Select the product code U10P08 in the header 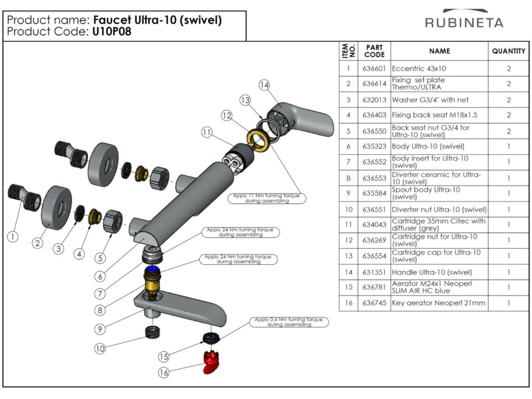click(x=112, y=32)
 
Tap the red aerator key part click(x=211, y=362)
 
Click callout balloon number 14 click(x=264, y=85)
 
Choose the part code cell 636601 click(x=374, y=68)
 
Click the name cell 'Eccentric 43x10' click(x=419, y=68)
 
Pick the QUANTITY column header click(x=509, y=51)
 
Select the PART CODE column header click(x=374, y=51)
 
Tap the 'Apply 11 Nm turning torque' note click(x=267, y=198)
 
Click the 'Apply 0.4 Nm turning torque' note click(x=289, y=322)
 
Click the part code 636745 click(x=374, y=303)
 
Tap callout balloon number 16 click(x=164, y=372)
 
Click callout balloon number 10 click(x=99, y=349)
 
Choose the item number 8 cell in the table click(x=348, y=178)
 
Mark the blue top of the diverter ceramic click(x=153, y=270)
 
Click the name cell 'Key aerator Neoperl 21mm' click(x=438, y=303)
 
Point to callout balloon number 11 click(x=207, y=132)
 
